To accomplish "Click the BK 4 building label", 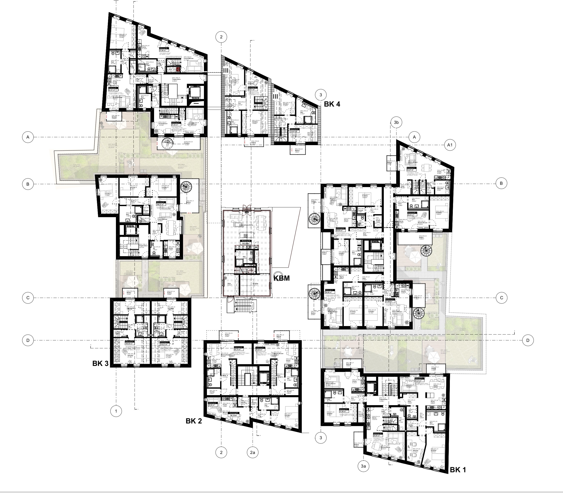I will (x=332, y=104).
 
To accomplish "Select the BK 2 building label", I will (x=194, y=421).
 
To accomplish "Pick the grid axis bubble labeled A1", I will (x=450, y=145).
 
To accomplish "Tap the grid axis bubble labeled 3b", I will (x=396, y=122).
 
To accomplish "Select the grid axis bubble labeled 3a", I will (x=363, y=466).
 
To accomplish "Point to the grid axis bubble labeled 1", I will (x=116, y=411).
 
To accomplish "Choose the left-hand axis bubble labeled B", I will (x=27, y=184).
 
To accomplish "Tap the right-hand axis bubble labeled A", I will (x=414, y=137).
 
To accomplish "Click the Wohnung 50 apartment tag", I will (x=246, y=241).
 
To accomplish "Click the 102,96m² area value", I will (x=245, y=244).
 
